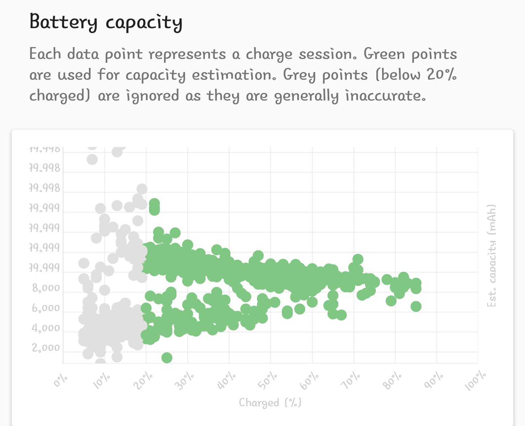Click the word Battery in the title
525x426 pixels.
pos(63,22)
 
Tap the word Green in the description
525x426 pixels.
pos(384,54)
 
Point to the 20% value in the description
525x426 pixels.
pos(442,75)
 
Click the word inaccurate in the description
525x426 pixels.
pos(385,96)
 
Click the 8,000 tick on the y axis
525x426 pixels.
pos(46,288)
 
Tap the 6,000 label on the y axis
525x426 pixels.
pos(46,309)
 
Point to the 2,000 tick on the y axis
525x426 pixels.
pos(46,348)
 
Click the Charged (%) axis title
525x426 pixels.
pos(270,403)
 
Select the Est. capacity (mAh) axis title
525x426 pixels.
pos(491,255)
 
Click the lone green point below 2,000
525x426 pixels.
pos(167,358)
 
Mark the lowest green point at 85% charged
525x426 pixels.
pos(416,306)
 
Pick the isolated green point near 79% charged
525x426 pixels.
pos(391,301)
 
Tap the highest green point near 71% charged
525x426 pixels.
pos(358,259)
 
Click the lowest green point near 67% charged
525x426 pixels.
pos(341,315)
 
